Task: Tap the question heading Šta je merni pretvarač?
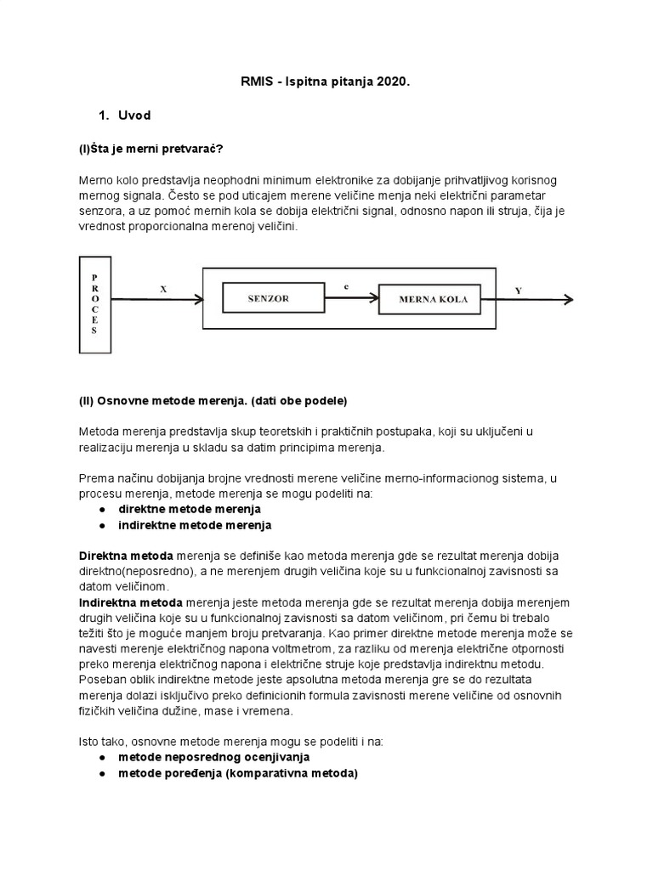coord(150,149)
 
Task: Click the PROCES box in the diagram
coord(95,304)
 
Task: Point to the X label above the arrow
coord(164,288)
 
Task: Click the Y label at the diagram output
coord(518,291)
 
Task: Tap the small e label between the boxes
coord(346,287)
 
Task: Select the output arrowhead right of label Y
coord(569,299)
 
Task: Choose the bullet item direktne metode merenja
coord(190,509)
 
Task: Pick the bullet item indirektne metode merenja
coord(195,525)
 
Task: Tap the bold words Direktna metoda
coord(126,555)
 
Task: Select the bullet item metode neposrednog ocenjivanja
coord(213,756)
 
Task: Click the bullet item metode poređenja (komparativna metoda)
coord(238,773)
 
